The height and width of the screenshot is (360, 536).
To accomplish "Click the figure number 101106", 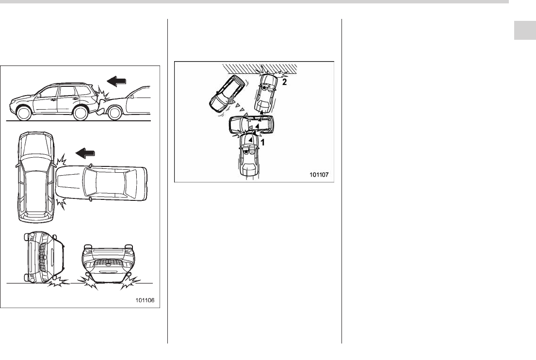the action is pos(145,300).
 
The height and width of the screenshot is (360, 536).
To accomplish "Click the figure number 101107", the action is pos(319,175).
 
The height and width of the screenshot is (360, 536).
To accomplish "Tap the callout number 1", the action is pos(262,142).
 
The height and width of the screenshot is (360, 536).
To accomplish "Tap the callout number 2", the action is pos(284,82).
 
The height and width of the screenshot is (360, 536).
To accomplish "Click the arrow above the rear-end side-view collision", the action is pos(116,82).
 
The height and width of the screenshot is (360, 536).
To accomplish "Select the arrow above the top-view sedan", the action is pos(85,153).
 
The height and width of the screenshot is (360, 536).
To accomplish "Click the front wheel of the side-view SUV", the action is pos(23,114).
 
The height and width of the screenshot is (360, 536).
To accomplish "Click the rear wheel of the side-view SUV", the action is pos(81,114).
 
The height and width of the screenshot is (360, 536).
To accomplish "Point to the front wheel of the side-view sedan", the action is pos(115,113).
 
